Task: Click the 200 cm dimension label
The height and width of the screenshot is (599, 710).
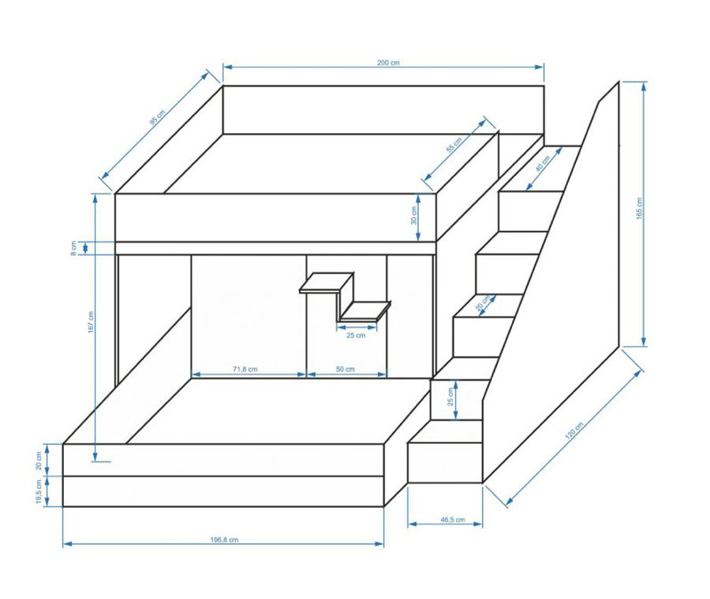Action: (388, 62)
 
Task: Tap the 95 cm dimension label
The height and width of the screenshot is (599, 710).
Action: (157, 117)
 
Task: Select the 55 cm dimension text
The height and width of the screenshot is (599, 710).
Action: (454, 145)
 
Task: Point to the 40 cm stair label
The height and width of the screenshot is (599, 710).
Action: (542, 163)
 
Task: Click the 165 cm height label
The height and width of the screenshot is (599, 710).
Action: (639, 209)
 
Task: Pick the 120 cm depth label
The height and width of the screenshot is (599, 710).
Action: (573, 430)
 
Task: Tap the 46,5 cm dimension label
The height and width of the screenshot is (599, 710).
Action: (453, 519)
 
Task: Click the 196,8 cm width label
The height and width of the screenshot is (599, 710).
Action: (225, 540)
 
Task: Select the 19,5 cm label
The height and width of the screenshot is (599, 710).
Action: (38, 492)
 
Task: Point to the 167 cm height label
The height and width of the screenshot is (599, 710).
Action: (91, 322)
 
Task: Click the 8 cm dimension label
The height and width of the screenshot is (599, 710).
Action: (74, 248)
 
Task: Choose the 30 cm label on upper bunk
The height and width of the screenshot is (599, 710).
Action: (413, 216)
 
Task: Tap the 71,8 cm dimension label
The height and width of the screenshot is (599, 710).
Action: (245, 369)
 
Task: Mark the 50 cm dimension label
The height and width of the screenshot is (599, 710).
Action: (345, 369)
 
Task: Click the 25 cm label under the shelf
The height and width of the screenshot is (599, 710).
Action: (356, 335)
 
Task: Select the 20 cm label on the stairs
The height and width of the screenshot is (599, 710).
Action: (483, 303)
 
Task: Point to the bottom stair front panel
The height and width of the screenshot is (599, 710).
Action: (445, 462)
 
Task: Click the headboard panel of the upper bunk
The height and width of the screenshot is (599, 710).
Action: (383, 109)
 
